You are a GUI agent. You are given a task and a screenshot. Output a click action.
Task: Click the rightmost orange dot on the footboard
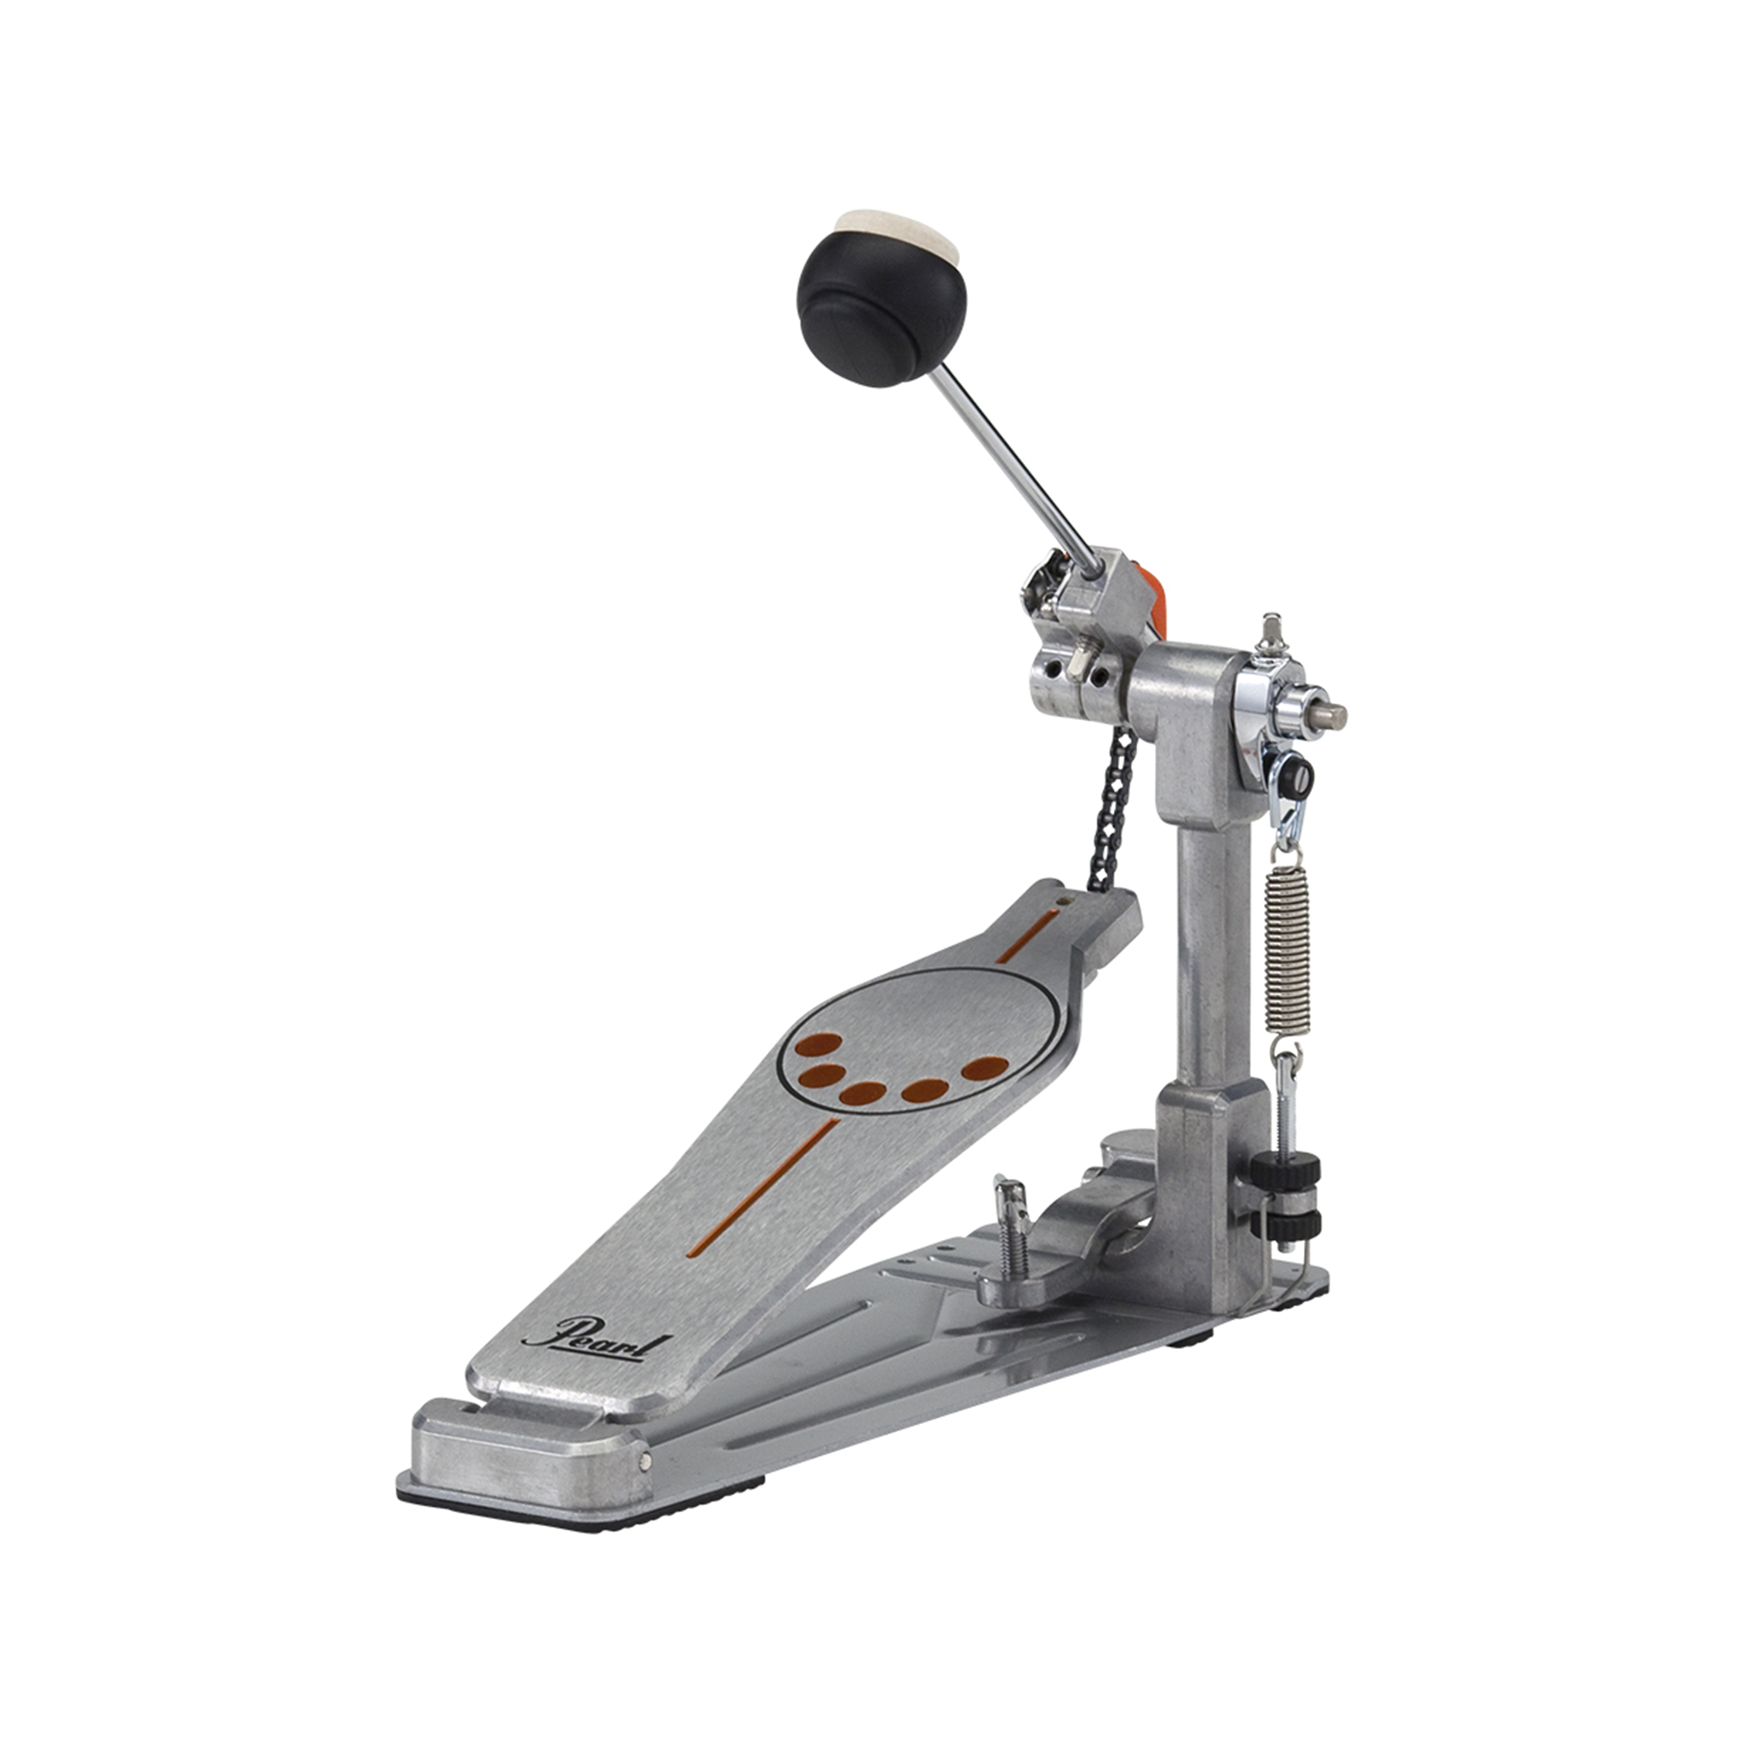coord(985,1068)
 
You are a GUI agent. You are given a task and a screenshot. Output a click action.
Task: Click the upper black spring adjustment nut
coord(1284,1171)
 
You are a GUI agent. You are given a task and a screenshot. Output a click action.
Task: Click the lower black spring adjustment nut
coord(1284,1224)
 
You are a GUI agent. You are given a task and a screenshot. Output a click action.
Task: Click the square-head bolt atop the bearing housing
coord(1273,629)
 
